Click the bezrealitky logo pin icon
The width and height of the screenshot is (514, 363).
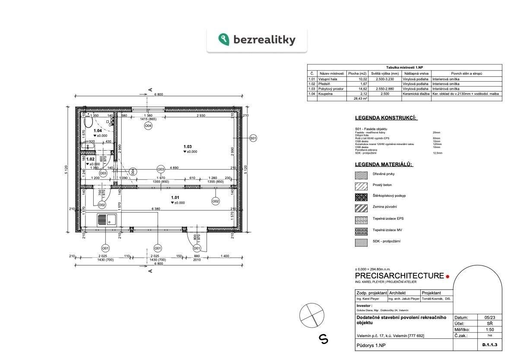click(x=224, y=40)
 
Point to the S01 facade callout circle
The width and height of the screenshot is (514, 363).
click(x=253, y=138)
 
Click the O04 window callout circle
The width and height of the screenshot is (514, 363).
click(x=148, y=126)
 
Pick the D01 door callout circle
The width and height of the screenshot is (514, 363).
click(x=197, y=248)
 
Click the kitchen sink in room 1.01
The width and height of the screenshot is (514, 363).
click(x=106, y=220)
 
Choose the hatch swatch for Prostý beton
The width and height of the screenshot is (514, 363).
click(x=361, y=186)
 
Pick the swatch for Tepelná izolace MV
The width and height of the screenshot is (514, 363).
click(x=361, y=231)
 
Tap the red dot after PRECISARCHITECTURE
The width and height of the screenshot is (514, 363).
click(x=447, y=276)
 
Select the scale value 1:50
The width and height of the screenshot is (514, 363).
click(x=489, y=329)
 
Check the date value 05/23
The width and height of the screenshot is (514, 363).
click(x=489, y=317)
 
